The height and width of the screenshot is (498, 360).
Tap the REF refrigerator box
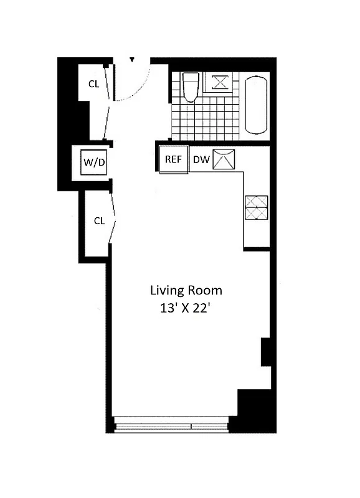173,159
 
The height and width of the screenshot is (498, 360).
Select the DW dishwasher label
201,159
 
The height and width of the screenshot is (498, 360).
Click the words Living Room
186,290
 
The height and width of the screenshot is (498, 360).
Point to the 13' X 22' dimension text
186,308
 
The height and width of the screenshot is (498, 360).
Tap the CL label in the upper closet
93,85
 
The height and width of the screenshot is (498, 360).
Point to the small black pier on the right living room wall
265,352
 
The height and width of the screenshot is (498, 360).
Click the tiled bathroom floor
206,121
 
